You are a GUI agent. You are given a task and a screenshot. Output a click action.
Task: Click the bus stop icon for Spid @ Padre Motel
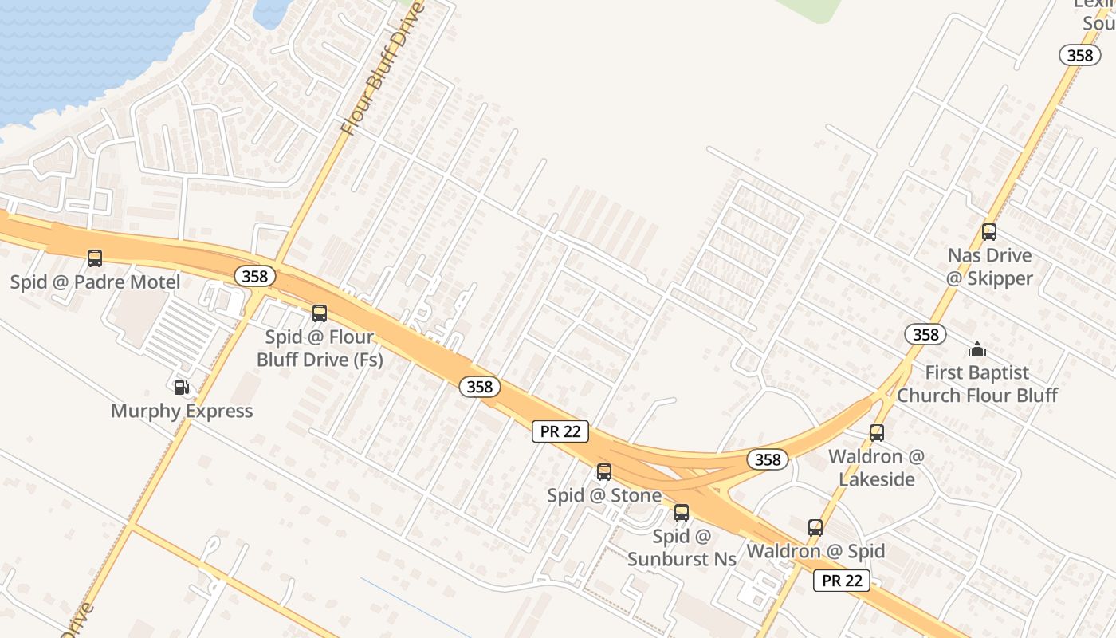pos(95,258)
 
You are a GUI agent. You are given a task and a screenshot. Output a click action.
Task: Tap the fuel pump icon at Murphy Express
pos(182,388)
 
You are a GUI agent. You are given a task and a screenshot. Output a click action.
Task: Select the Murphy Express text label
pos(182,412)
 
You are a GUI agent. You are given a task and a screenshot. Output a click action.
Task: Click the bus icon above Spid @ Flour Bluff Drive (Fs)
pos(320,313)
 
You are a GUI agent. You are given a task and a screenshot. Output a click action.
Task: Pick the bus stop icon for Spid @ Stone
pos(604,472)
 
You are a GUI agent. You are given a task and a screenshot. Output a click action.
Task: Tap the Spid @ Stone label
pos(604,496)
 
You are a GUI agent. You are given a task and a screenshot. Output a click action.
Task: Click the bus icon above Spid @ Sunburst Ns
pos(682,513)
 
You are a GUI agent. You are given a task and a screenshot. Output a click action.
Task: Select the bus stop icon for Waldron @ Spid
pos(815,528)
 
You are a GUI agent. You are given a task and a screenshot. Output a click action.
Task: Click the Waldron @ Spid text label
pos(815,551)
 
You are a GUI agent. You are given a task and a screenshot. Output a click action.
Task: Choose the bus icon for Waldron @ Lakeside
pos(877,433)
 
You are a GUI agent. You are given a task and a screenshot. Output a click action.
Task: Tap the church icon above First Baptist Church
pos(977,349)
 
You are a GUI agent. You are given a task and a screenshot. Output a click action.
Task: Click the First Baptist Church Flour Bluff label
pos(977,384)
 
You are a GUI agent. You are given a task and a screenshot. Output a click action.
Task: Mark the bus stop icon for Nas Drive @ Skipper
pos(989,232)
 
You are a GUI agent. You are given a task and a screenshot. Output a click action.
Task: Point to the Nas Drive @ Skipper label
pos(989,267)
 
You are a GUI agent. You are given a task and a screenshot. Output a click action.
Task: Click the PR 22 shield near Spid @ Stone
pos(560,432)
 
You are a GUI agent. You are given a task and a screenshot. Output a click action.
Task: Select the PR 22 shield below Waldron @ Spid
pos(842,581)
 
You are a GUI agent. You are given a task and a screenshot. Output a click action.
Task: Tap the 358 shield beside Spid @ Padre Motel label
pos(255,277)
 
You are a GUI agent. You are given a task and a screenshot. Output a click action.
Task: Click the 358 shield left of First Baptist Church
pos(925,334)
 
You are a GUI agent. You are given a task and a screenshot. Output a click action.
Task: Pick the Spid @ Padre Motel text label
pos(95,282)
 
